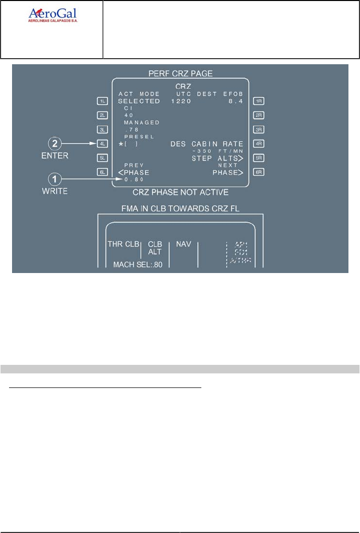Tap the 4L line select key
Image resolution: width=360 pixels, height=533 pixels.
coord(102,144)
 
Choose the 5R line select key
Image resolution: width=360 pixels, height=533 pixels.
coord(259,158)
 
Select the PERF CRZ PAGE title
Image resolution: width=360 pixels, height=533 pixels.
coord(180,73)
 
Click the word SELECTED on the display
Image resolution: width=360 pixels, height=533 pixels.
coord(139,101)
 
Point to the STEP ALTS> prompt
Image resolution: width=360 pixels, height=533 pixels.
coord(217,159)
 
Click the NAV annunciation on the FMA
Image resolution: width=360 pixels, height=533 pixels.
coord(182,244)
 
